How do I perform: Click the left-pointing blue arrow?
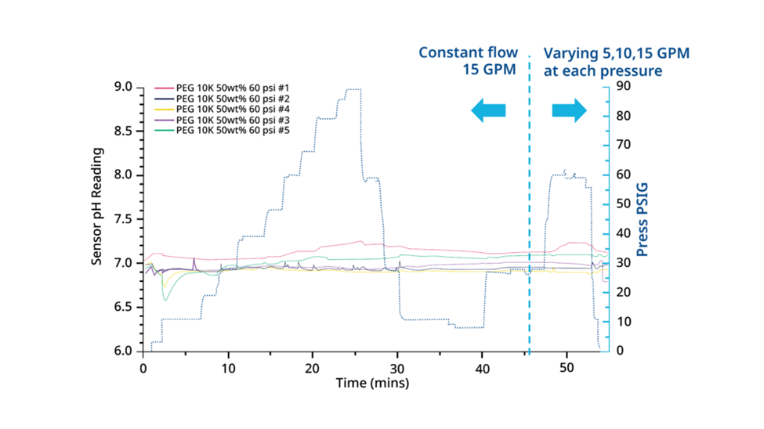pos(488,111)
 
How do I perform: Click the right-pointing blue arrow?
pos(569,111)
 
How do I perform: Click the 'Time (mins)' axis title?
pos(372,384)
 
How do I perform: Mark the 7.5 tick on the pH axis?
pos(125,219)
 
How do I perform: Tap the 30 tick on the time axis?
pos(398,366)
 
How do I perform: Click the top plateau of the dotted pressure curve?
pos(353,89)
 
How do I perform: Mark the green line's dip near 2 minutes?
pos(165,299)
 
